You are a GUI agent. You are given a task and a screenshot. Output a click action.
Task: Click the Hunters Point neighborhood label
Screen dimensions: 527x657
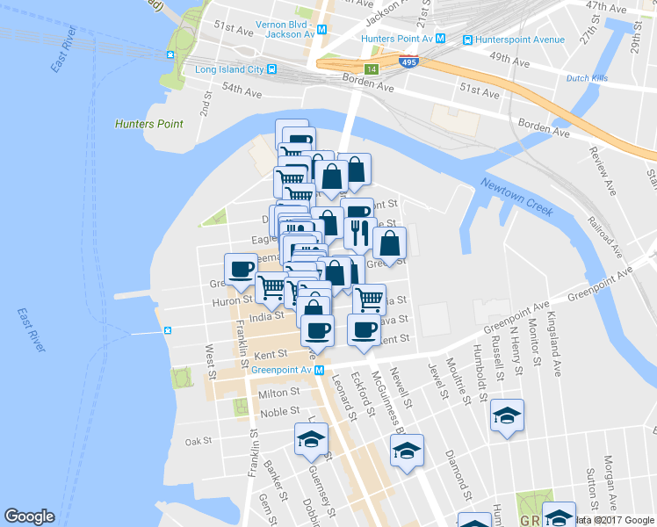[149, 125]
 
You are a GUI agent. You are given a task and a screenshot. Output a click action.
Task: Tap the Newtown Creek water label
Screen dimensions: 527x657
[515, 194]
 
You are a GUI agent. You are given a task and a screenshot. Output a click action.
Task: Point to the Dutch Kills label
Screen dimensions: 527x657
[589, 78]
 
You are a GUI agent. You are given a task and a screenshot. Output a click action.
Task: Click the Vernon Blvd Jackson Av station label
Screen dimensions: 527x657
[285, 29]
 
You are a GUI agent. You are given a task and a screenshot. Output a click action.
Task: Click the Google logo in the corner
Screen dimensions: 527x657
[30, 516]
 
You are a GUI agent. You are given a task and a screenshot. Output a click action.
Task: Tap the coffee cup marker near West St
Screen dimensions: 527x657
[241, 269]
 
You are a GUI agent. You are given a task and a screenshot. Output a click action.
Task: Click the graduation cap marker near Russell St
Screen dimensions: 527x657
[507, 415]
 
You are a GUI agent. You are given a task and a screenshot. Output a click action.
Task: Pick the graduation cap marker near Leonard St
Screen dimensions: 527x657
[311, 438]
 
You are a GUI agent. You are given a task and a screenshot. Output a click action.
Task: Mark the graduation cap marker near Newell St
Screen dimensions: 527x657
[407, 450]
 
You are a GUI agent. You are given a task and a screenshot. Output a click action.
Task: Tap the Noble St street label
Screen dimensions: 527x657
[280, 412]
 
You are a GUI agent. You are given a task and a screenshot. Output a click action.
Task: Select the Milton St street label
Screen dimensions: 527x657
[280, 393]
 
